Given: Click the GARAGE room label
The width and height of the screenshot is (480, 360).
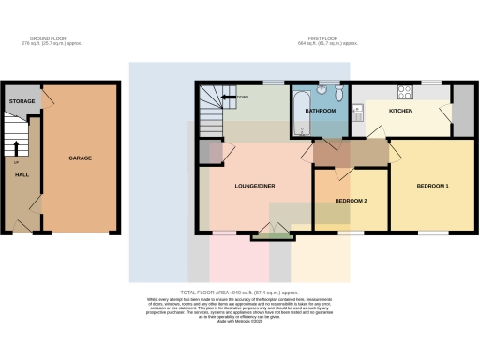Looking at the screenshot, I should [x=80, y=158].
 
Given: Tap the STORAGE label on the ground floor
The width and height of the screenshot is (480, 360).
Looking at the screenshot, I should [x=22, y=100].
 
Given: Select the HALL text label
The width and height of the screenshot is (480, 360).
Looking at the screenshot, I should [x=19, y=175].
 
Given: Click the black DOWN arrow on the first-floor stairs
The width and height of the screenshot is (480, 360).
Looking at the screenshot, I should [x=232, y=97].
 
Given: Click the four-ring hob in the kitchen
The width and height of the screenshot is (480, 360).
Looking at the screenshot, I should [x=407, y=92].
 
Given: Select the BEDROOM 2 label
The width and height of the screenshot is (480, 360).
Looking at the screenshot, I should [x=350, y=201].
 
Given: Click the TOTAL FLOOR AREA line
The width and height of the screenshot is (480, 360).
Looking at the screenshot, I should [x=239, y=292].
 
